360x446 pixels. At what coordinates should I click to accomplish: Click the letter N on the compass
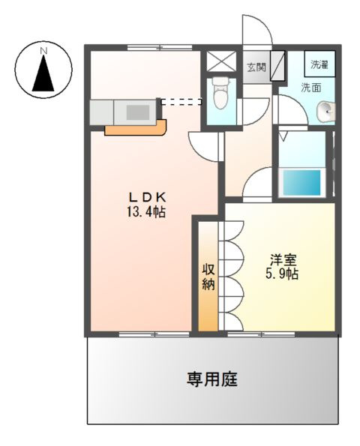pos(43,51)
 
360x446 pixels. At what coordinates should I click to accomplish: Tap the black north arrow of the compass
pos(43,76)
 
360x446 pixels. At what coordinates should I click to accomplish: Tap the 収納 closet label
pos(208,277)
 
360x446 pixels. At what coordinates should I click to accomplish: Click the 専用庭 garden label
pos(212,380)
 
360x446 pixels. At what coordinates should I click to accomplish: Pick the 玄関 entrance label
pos(256,67)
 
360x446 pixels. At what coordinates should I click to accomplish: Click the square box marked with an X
pos(220,61)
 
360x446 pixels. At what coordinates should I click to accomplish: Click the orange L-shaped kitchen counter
pos(135,129)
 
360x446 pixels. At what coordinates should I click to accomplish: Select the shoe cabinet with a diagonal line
pos(277,67)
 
